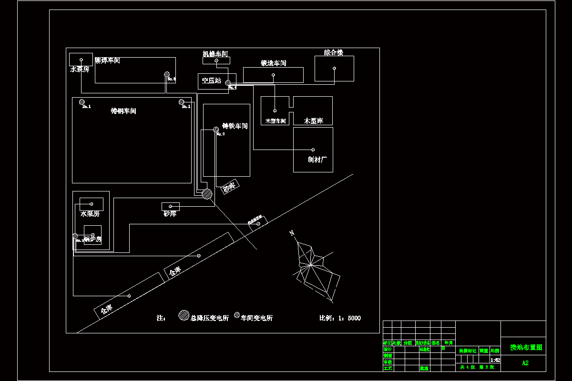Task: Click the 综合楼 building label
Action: (333, 52)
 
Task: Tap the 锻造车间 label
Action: (273, 63)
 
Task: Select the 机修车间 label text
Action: (215, 54)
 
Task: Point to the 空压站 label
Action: (211, 81)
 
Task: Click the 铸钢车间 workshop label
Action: (123, 111)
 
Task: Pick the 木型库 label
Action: (313, 121)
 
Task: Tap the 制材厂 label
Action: (317, 160)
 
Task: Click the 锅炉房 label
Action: (92, 239)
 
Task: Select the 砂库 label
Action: (170, 214)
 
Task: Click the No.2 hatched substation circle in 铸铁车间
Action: (216, 129)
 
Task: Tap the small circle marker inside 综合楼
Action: (334, 69)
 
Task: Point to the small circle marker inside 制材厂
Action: (313, 150)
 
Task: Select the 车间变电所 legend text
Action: (256, 318)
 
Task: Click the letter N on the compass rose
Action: (292, 233)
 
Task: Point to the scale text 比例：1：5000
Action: (340, 318)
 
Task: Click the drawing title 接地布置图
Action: (526, 348)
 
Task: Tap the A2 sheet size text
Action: (525, 363)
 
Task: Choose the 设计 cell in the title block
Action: (388, 349)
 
